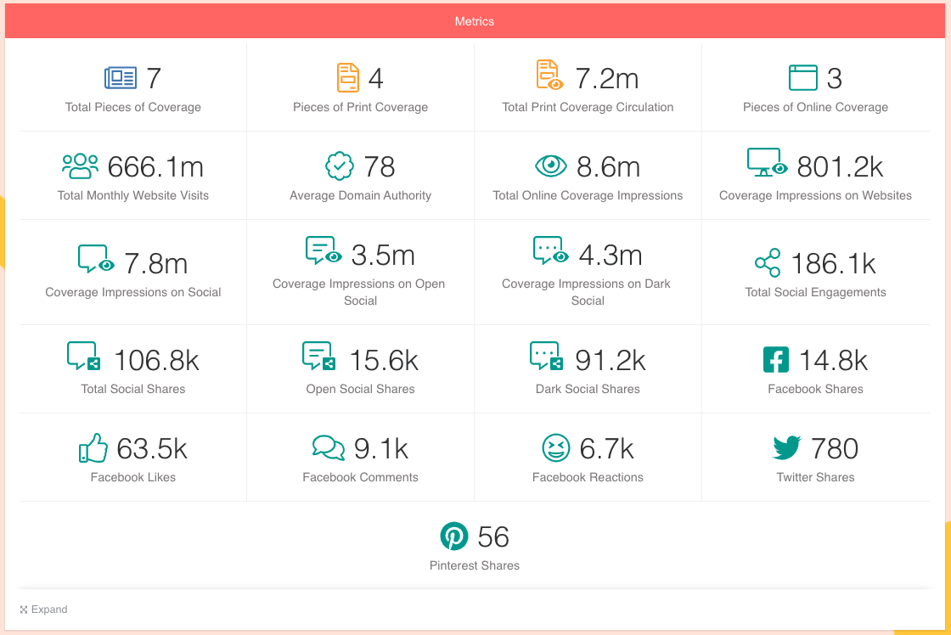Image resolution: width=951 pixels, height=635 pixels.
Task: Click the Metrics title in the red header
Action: pyautogui.click(x=474, y=21)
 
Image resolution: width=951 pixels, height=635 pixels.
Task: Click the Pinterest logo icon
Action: pyautogui.click(x=454, y=537)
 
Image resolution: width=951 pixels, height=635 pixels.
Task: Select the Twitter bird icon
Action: pyautogui.click(x=787, y=448)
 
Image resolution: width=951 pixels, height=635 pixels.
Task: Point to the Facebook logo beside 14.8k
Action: pyautogui.click(x=776, y=360)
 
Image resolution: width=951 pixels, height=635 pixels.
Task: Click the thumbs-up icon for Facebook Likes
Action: pyautogui.click(x=93, y=448)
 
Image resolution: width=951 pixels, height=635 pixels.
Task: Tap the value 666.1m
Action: pyautogui.click(x=155, y=166)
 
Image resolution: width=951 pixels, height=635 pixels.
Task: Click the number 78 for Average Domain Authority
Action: pyautogui.click(x=380, y=166)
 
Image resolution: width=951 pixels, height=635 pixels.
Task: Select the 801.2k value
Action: pyautogui.click(x=841, y=166)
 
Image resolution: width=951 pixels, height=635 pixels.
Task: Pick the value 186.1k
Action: pyautogui.click(x=833, y=263)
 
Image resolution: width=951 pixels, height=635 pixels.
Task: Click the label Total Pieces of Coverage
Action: pyautogui.click(x=133, y=107)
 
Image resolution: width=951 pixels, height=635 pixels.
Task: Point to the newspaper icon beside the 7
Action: pyautogui.click(x=121, y=78)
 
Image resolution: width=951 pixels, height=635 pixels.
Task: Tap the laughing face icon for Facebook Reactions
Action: pyautogui.click(x=555, y=448)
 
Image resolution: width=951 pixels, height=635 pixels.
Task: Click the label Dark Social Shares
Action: pyautogui.click(x=588, y=389)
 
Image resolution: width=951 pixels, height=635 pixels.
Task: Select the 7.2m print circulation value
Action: pyautogui.click(x=607, y=78)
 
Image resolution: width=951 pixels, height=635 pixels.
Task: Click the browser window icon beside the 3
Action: pyautogui.click(x=802, y=78)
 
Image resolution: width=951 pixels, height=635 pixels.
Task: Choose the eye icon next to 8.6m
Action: pyautogui.click(x=551, y=166)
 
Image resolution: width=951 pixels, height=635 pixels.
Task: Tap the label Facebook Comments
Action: pyautogui.click(x=360, y=477)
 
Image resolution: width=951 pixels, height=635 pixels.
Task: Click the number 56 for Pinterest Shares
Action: pyautogui.click(x=493, y=537)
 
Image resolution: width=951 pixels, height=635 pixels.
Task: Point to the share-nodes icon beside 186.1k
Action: pyautogui.click(x=768, y=263)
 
